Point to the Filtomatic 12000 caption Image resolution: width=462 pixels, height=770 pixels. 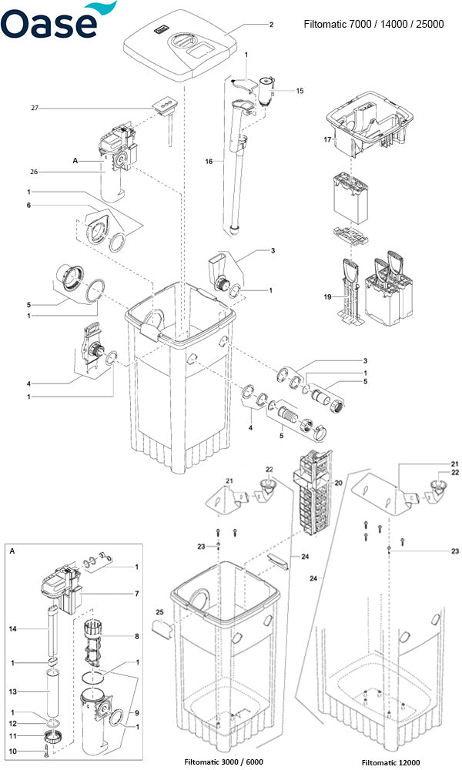(x=391, y=762)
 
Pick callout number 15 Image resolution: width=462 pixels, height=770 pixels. (x=299, y=91)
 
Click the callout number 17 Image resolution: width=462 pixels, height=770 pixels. (x=326, y=139)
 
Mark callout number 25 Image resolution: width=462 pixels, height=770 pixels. (x=159, y=613)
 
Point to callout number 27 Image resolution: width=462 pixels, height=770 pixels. (x=35, y=109)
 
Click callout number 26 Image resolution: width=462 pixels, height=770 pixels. (x=35, y=172)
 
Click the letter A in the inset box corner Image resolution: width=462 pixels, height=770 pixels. (x=12, y=551)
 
